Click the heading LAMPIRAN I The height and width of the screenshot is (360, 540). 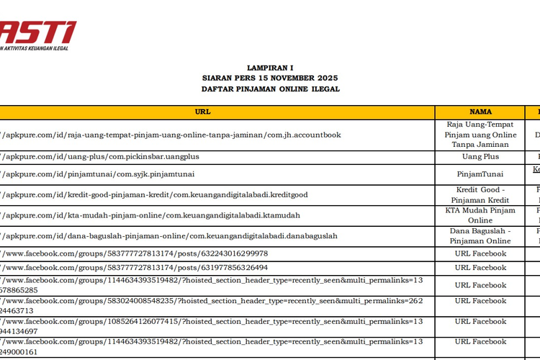(x=270, y=66)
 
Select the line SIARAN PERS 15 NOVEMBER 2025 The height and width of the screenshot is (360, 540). (x=270, y=77)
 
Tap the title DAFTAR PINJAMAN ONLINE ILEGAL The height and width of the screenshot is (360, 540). (x=270, y=89)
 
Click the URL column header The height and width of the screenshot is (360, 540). (x=203, y=112)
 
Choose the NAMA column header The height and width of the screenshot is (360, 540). (x=480, y=112)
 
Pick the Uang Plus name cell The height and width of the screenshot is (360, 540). (x=480, y=156)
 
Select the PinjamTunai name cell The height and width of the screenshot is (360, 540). (x=480, y=174)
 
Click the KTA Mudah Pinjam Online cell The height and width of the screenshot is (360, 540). (x=480, y=215)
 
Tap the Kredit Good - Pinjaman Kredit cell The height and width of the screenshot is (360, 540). (x=480, y=194)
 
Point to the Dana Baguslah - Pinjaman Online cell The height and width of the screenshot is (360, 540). (x=480, y=235)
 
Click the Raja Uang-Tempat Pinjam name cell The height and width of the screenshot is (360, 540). (x=480, y=135)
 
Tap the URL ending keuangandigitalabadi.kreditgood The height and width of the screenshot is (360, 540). (x=156, y=194)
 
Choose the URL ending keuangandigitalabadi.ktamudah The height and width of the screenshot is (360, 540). (x=152, y=215)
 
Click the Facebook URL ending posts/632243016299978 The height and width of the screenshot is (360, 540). (x=137, y=253)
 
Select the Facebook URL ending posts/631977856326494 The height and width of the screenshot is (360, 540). (x=137, y=267)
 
